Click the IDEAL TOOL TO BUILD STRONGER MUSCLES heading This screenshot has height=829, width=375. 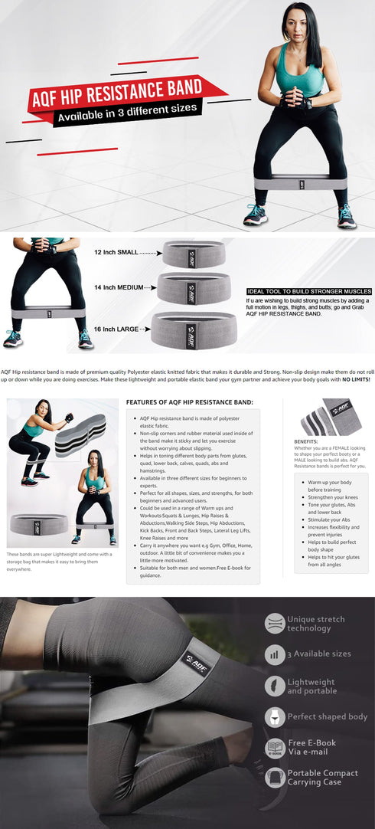[x=309, y=291]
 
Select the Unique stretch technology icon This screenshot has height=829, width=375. [x=275, y=623]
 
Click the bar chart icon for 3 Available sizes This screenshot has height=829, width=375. [x=275, y=654]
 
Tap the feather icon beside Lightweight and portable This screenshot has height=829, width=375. [x=275, y=686]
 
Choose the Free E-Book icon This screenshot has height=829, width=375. [x=275, y=748]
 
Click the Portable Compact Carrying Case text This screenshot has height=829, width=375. [x=322, y=778]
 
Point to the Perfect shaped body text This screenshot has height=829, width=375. [x=327, y=716]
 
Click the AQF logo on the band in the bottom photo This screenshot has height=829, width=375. [x=195, y=659]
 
